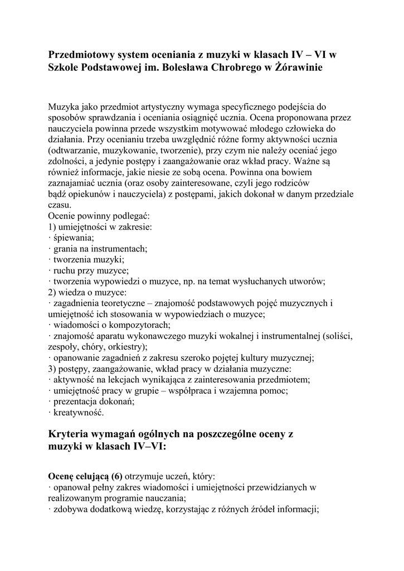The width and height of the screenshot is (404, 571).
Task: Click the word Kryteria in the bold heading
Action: (x=70, y=434)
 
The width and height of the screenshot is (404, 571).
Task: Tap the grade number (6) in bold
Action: (x=117, y=476)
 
